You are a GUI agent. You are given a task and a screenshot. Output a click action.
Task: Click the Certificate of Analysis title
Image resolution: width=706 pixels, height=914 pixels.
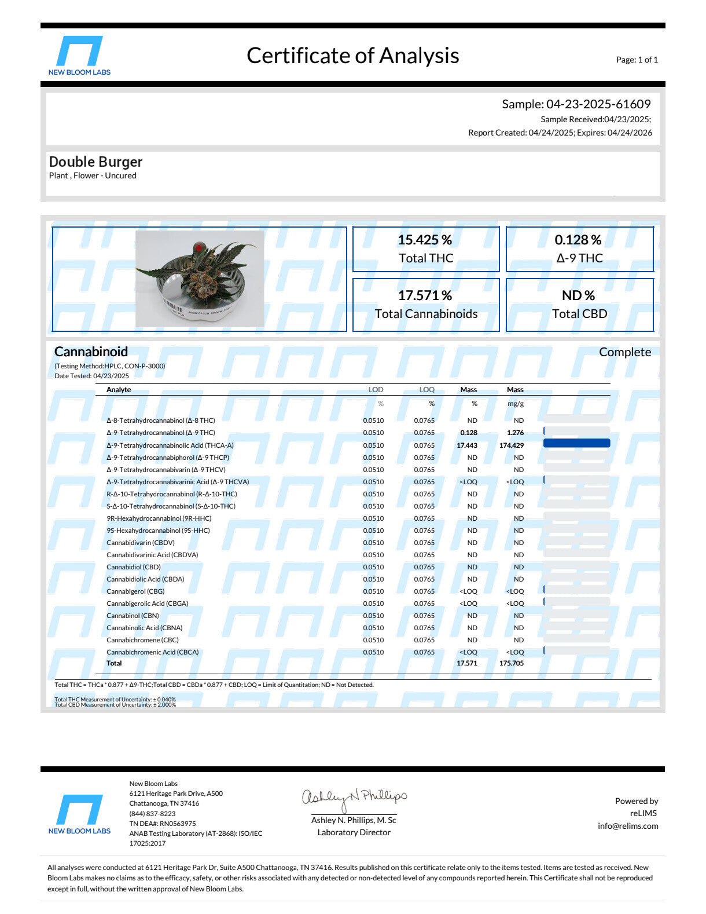click(352, 56)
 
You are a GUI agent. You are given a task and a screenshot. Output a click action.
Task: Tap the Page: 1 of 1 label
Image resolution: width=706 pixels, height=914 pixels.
click(637, 60)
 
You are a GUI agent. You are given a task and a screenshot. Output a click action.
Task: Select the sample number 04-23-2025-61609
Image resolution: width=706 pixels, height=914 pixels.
click(598, 104)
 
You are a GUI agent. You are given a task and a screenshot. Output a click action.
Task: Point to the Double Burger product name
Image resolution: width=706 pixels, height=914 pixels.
click(95, 162)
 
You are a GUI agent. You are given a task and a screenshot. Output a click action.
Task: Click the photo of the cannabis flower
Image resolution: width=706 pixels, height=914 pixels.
click(200, 279)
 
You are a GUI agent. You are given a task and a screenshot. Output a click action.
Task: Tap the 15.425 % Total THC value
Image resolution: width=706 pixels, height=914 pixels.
click(425, 240)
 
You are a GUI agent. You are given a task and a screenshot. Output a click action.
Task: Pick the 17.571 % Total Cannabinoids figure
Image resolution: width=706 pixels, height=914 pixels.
click(425, 295)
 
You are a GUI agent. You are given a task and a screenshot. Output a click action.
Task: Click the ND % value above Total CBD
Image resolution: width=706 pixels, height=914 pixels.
click(578, 295)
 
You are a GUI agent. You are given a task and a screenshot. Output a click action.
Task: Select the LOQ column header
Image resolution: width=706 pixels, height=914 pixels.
click(426, 390)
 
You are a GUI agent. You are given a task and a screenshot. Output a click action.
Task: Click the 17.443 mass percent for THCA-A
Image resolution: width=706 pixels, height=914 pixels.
click(466, 445)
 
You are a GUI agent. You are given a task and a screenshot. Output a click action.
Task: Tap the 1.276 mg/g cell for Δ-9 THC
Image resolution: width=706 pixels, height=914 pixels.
click(515, 433)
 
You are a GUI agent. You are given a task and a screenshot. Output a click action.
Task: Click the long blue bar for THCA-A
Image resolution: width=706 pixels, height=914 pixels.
click(576, 444)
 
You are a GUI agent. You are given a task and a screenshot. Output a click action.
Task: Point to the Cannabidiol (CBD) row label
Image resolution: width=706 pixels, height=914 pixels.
click(134, 567)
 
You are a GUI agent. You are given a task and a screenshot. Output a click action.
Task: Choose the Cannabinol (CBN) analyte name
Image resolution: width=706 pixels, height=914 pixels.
click(133, 616)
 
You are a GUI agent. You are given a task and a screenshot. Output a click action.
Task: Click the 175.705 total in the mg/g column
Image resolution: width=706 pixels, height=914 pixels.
click(511, 663)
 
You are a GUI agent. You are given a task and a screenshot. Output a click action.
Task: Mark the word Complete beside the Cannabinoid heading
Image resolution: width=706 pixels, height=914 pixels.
click(624, 352)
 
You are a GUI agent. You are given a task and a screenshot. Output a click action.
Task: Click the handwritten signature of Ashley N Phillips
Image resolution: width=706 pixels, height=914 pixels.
click(354, 799)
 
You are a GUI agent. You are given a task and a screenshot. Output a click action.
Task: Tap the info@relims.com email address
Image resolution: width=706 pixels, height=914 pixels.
click(628, 826)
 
